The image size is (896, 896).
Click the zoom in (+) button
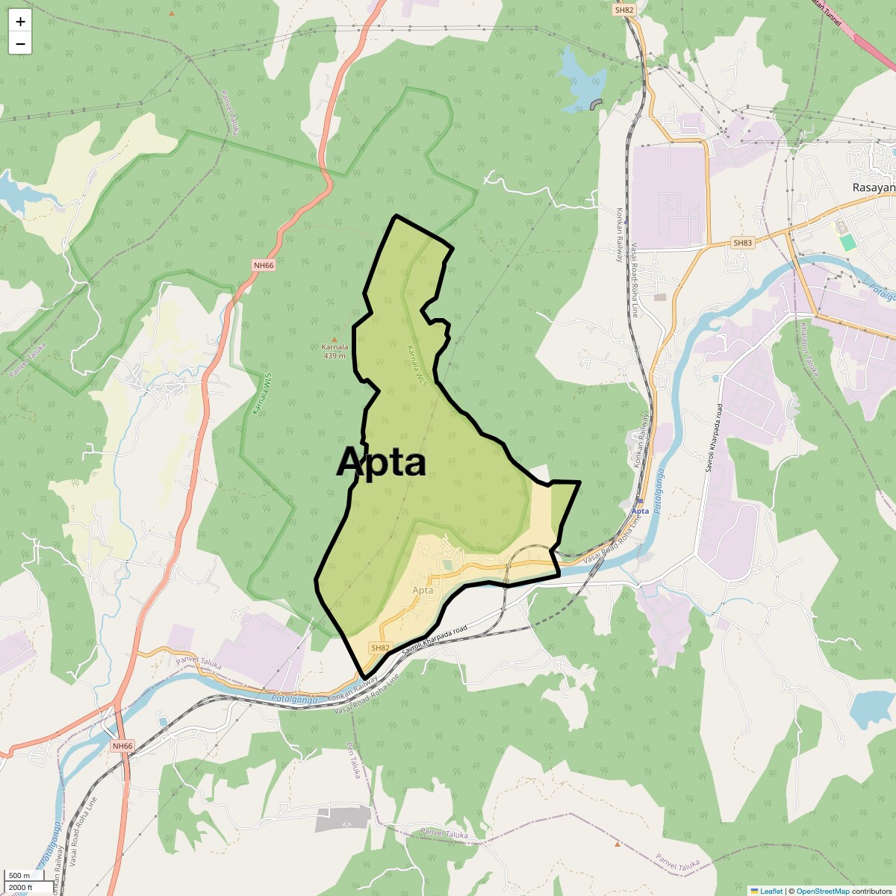(x=20, y=22)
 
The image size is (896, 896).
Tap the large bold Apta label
(x=381, y=462)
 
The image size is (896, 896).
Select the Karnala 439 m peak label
(x=335, y=351)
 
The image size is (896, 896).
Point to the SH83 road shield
(x=742, y=243)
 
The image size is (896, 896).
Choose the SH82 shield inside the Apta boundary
(x=380, y=648)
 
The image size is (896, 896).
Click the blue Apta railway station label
(x=640, y=511)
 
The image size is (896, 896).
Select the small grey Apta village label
(x=423, y=591)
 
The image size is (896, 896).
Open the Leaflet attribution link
(x=771, y=891)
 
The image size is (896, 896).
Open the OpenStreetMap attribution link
(x=822, y=891)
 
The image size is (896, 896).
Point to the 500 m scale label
(x=19, y=876)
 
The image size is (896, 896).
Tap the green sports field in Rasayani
(x=847, y=243)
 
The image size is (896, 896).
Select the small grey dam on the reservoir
(x=596, y=105)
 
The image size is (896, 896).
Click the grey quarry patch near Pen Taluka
(x=342, y=819)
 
